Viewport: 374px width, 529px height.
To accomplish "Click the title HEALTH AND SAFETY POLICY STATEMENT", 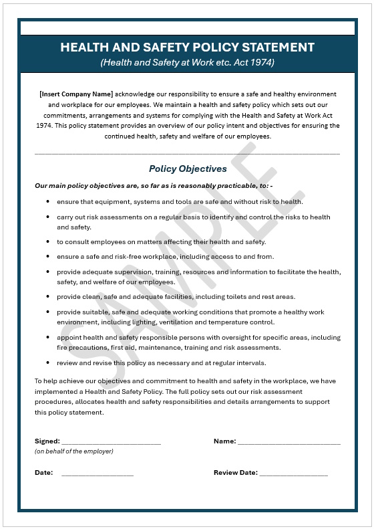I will point(187,47).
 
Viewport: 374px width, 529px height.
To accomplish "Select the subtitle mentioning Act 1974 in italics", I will point(187,62).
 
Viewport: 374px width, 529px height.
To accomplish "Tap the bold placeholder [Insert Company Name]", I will point(75,94).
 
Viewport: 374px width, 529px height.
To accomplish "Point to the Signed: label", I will point(47,441).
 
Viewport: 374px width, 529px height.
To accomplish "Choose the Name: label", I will point(224,441).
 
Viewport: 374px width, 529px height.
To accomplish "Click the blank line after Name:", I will point(289,442).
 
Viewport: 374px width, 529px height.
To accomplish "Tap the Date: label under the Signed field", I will point(43,473).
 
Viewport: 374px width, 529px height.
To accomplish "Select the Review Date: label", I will point(235,473).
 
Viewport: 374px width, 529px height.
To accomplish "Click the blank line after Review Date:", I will point(294,473).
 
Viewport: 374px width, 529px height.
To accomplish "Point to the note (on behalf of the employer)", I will point(73,451).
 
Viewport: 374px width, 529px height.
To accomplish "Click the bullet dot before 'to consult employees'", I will point(47,242).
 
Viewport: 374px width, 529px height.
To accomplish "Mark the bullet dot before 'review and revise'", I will point(47,363).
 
